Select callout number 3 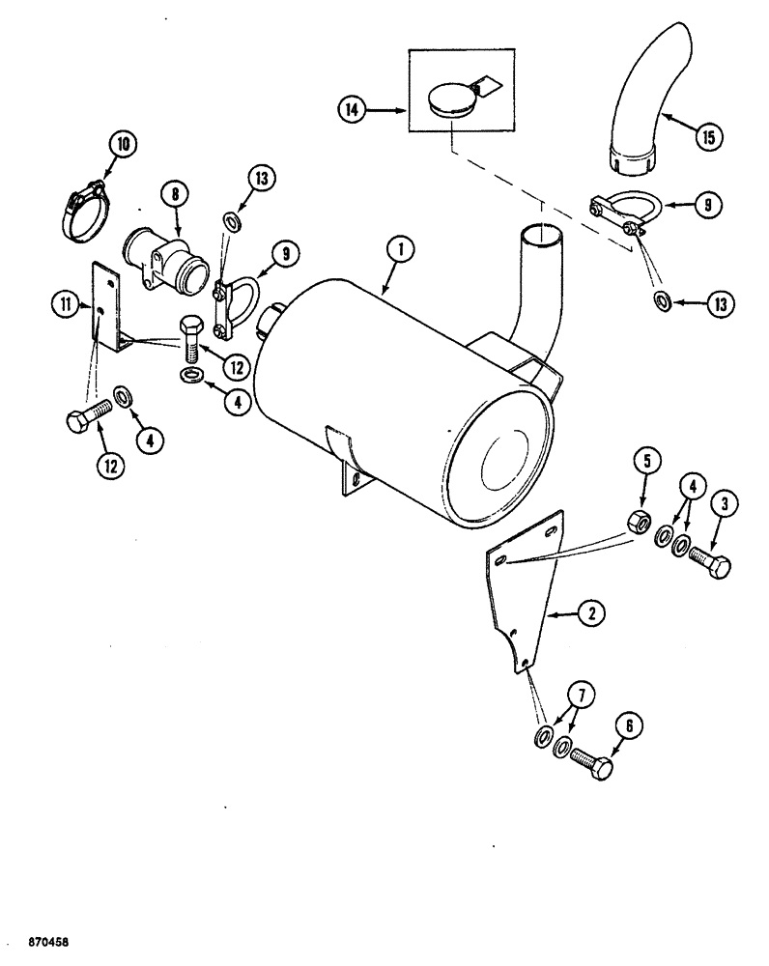pos(727,503)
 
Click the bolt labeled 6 pos(589,763)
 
